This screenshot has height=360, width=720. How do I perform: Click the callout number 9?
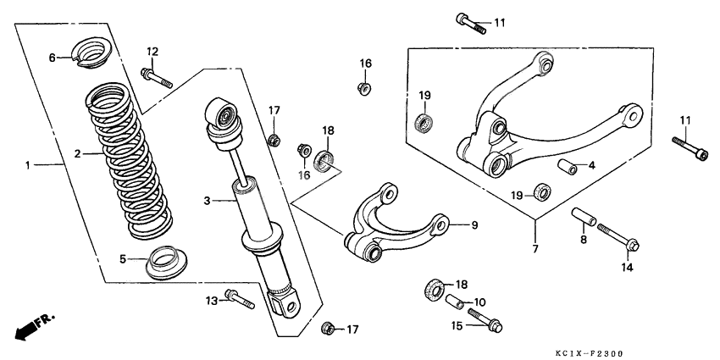pos(474,224)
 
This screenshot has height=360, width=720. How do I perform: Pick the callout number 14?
pos(627,268)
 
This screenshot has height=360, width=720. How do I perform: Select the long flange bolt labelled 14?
pos(617,236)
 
